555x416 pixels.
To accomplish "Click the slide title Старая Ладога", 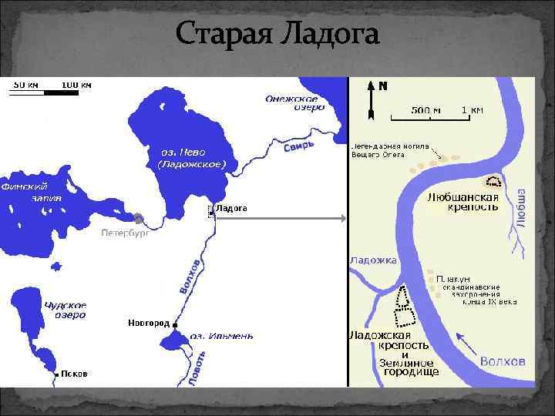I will click(277, 33).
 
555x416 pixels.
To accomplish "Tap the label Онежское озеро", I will click(292, 103).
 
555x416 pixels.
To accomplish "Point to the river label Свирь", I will click(299, 147).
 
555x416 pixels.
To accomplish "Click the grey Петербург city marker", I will click(137, 219).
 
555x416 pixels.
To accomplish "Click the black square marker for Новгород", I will click(176, 324).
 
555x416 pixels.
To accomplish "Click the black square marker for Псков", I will click(57, 374).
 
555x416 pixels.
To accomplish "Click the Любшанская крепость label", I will click(462, 203).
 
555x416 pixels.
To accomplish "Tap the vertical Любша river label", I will click(520, 206).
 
